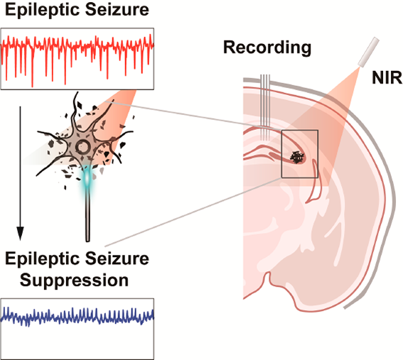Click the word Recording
pos(267,48)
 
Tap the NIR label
pos(387,77)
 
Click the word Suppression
pos(74,280)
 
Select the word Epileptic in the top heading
pos(42,11)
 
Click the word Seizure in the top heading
pos(117,9)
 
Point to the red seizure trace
pos(77,58)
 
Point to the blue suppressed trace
pos(77,316)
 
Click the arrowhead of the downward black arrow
pos(20,234)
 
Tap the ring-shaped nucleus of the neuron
pos(82,147)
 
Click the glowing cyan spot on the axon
pos(87,178)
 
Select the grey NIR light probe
pos(368,53)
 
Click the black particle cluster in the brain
pos(297,157)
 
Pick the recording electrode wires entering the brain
pos(265,107)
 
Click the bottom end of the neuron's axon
pos(87,241)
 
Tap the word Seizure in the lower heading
pos(117,258)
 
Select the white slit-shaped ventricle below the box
pos(313,182)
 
